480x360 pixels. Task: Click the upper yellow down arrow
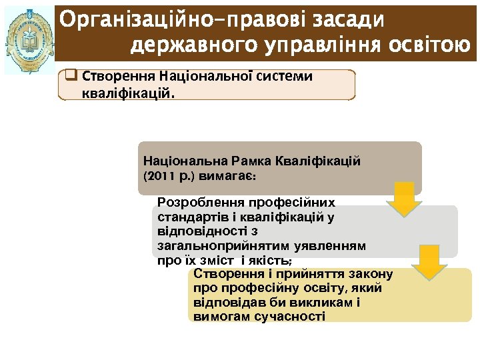pos(405,199)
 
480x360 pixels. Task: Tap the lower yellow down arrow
pos(429,261)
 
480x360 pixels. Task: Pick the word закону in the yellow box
pos(371,274)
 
